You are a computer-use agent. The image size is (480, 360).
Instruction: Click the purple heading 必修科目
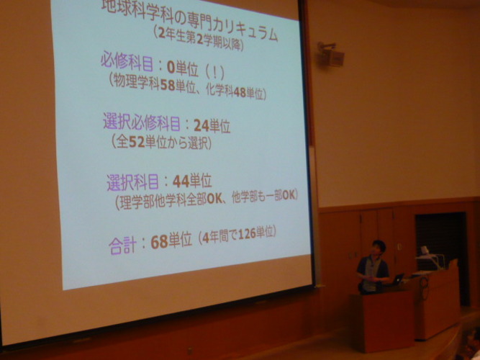click(127, 62)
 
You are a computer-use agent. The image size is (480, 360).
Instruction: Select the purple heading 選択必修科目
click(142, 122)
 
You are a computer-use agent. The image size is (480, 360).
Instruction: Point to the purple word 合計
click(122, 246)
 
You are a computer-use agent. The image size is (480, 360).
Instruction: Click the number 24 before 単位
click(201, 125)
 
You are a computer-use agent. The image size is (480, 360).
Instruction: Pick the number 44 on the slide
click(181, 181)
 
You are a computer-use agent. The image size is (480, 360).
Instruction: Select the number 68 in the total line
click(159, 242)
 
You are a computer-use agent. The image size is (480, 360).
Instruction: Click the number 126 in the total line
click(247, 234)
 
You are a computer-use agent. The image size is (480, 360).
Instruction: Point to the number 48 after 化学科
click(240, 92)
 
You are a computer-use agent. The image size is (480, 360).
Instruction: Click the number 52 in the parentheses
click(137, 142)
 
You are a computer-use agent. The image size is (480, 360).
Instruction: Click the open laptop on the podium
click(397, 279)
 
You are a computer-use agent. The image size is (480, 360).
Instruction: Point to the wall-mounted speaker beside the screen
click(330, 55)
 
